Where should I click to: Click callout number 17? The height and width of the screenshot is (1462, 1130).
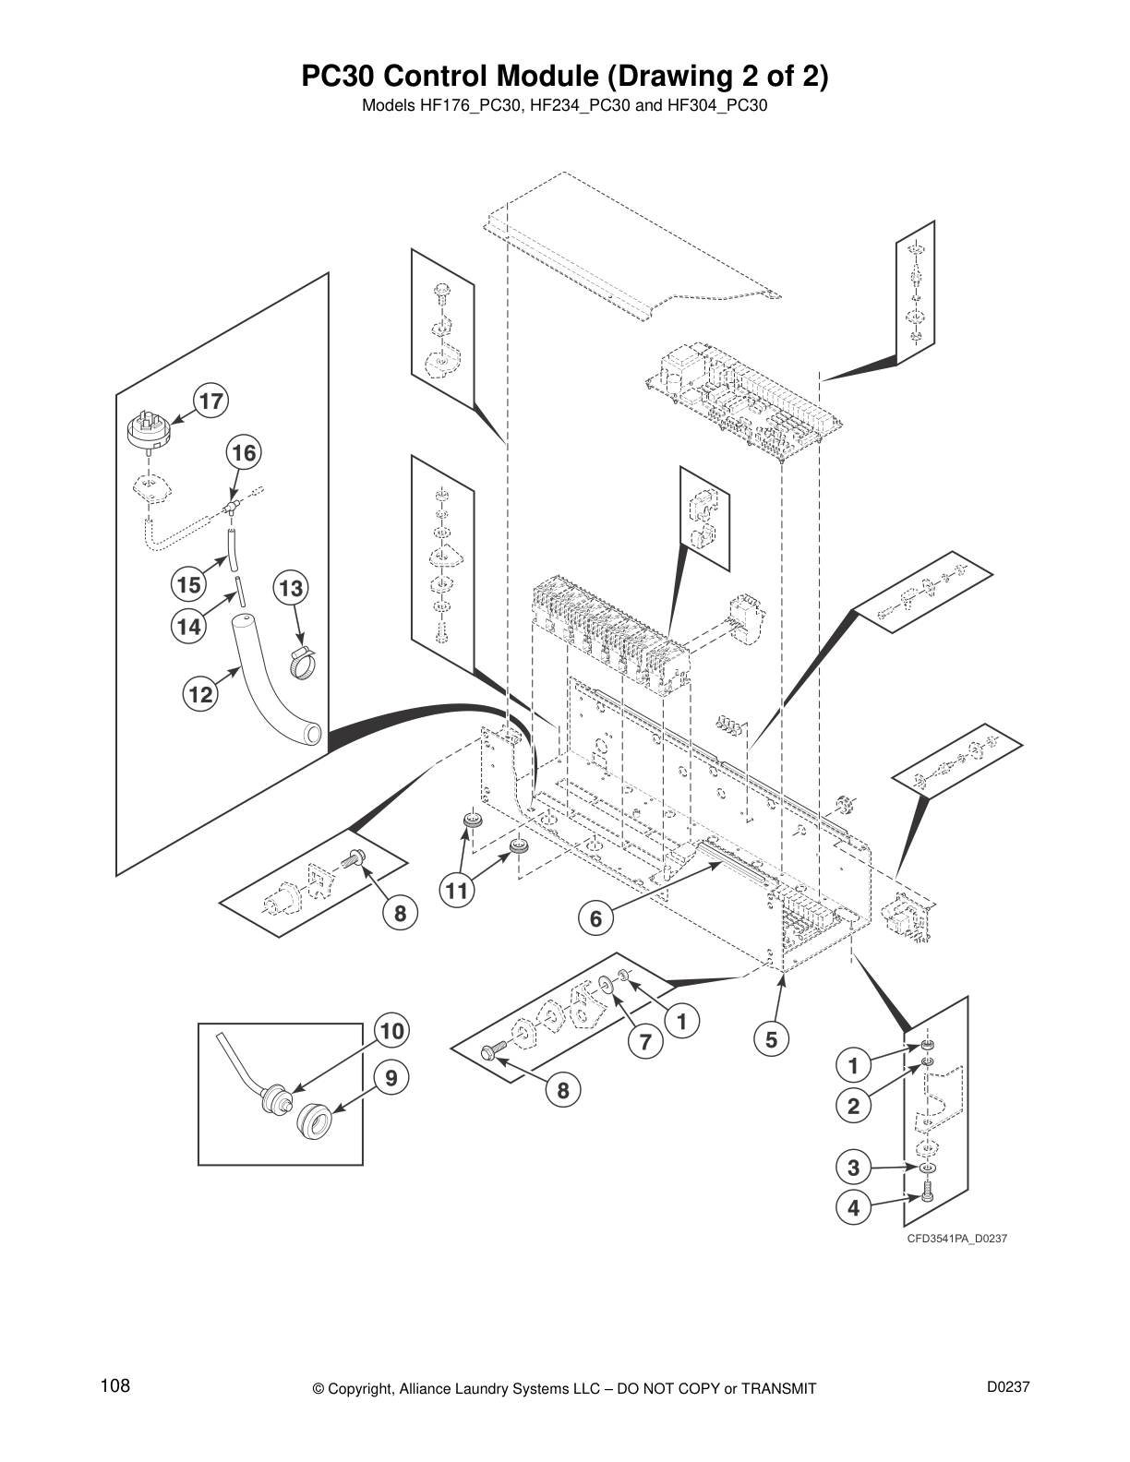click(211, 401)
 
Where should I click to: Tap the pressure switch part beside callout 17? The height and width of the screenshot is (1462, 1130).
click(149, 432)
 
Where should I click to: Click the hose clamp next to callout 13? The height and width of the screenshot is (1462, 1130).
click(302, 662)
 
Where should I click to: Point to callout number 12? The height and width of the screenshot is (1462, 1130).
click(199, 694)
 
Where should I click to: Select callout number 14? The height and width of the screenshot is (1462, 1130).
click(188, 627)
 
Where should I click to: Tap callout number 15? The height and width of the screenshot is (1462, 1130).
click(188, 584)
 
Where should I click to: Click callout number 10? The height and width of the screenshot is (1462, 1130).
click(392, 1031)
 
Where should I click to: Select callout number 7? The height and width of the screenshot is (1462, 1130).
click(646, 1043)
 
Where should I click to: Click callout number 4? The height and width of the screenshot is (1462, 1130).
click(853, 1208)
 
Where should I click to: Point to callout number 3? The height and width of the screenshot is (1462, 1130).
click(853, 1168)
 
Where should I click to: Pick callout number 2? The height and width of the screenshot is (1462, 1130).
click(853, 1106)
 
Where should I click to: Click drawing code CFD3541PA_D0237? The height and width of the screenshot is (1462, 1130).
click(956, 1239)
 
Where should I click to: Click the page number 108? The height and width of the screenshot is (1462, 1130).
click(115, 1386)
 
